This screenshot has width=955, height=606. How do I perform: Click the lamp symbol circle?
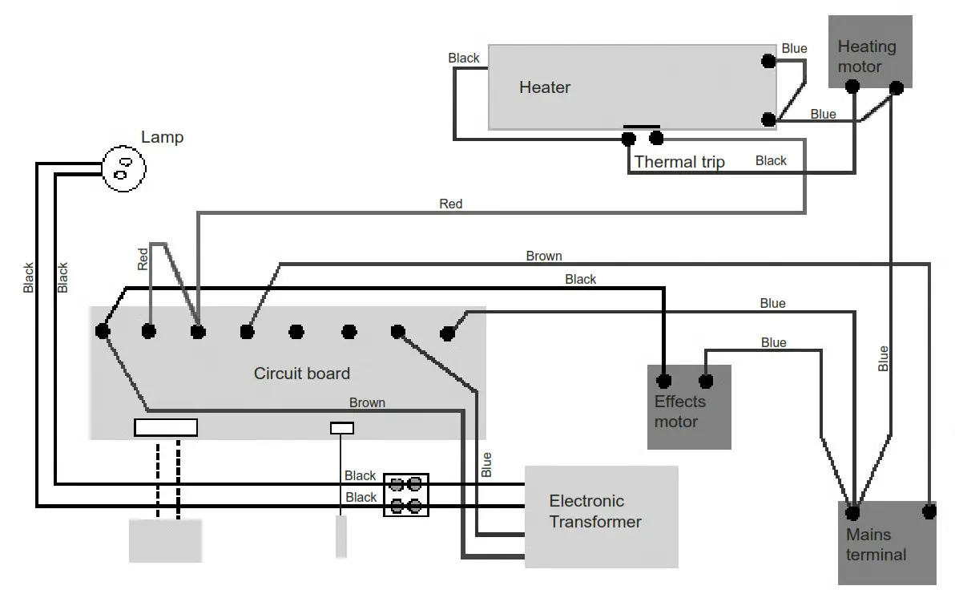124,168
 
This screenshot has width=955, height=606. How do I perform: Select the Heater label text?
545,87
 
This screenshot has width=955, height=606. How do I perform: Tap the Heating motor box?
870,51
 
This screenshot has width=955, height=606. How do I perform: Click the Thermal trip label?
679,162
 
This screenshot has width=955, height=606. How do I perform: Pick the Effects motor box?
689,407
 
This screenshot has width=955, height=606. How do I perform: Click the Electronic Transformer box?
601,516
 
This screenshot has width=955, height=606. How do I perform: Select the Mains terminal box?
887,543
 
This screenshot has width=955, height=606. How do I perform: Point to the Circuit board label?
301,374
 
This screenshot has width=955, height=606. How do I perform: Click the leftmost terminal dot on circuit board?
103,330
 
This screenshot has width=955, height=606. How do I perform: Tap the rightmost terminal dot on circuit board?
448,332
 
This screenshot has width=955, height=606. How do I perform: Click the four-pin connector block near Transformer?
406,495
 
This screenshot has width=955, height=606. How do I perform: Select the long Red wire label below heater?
451,204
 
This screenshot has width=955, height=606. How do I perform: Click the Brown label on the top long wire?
544,257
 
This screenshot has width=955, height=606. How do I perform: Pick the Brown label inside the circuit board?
367,402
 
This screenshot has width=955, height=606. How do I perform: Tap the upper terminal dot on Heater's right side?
768,60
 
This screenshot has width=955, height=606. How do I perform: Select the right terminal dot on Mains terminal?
929,510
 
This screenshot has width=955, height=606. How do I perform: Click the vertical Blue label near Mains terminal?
883,358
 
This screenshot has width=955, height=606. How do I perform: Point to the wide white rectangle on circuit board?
166,427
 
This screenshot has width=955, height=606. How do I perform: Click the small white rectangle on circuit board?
342,428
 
